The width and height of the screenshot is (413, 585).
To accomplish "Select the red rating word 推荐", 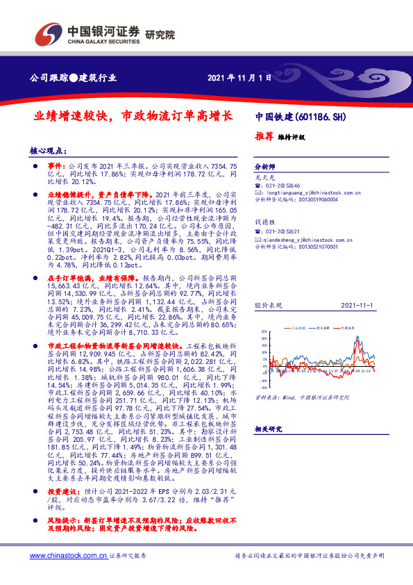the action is tap(264, 137).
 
